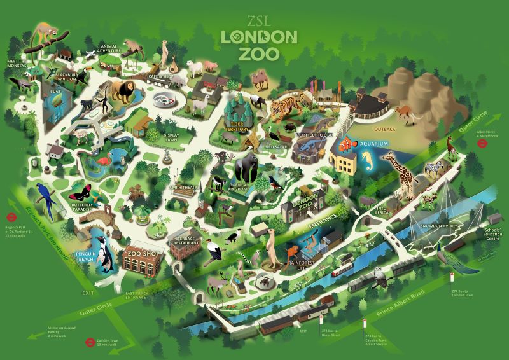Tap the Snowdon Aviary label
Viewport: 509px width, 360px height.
click(434, 226)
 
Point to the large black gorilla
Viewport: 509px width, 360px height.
click(246, 169)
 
